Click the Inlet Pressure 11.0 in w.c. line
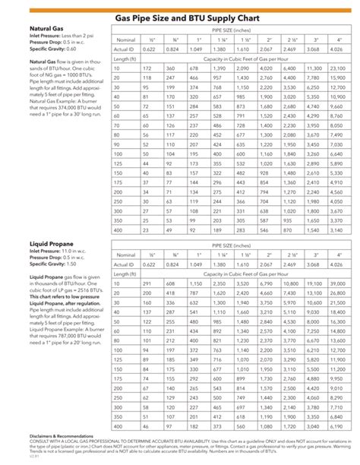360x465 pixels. pyautogui.click(x=50, y=251)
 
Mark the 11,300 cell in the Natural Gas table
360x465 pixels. pyautogui.click(x=313, y=68)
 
